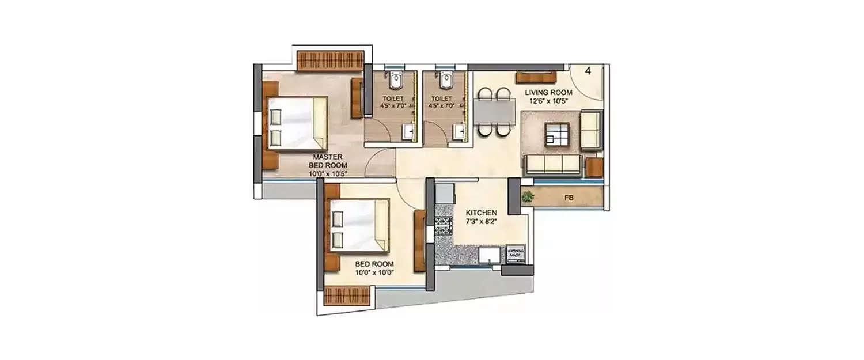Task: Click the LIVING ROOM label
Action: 548,92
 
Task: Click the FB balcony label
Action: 569,198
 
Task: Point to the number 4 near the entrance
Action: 588,71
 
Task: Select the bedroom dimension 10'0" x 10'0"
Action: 374,272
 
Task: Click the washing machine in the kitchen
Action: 516,254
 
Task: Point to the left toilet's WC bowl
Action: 395,82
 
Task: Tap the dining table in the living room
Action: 494,111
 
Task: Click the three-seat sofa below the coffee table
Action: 552,164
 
